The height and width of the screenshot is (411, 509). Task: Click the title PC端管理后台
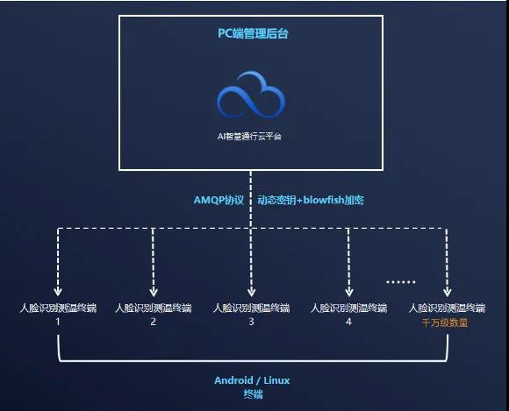253,33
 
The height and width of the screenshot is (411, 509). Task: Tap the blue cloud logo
251,95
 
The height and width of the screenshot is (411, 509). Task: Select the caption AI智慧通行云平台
249,137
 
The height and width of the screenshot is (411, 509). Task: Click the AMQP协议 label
219,200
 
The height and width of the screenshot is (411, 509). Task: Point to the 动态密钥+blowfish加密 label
311,200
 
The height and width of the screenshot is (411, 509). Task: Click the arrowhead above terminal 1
58,292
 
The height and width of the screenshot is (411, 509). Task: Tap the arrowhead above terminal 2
154,292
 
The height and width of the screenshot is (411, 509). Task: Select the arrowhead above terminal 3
251,292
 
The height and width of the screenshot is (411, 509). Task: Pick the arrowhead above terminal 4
349,292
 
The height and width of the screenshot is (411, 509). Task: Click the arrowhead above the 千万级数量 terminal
447,292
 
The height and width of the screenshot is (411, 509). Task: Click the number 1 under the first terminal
58,322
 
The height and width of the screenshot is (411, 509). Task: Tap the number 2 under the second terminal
154,322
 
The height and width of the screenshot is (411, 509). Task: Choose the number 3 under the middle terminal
251,322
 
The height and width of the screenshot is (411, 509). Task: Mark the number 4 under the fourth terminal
348,322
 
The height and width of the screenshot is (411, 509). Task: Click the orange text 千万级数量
445,322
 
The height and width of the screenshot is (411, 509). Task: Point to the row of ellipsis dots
401,282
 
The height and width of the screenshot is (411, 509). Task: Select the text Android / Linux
252,380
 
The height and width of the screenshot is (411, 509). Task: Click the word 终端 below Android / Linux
254,394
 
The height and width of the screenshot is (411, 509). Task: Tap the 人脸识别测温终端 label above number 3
251,308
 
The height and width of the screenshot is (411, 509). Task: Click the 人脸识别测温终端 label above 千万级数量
447,308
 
